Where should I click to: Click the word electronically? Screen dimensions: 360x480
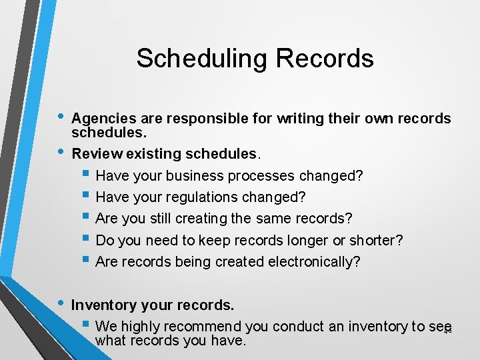tap(314, 261)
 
